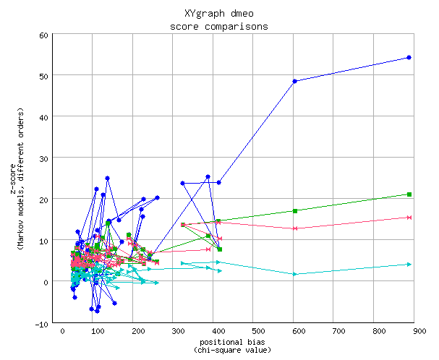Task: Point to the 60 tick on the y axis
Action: [43, 35]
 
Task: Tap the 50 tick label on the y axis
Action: [43, 76]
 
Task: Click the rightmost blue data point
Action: [409, 58]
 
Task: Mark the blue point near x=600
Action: [295, 81]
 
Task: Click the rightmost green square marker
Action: [409, 194]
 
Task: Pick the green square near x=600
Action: [295, 211]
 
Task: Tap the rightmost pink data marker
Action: [409, 218]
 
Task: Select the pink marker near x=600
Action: [295, 228]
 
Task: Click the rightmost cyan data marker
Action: [409, 265]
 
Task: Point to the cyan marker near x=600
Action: [295, 274]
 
